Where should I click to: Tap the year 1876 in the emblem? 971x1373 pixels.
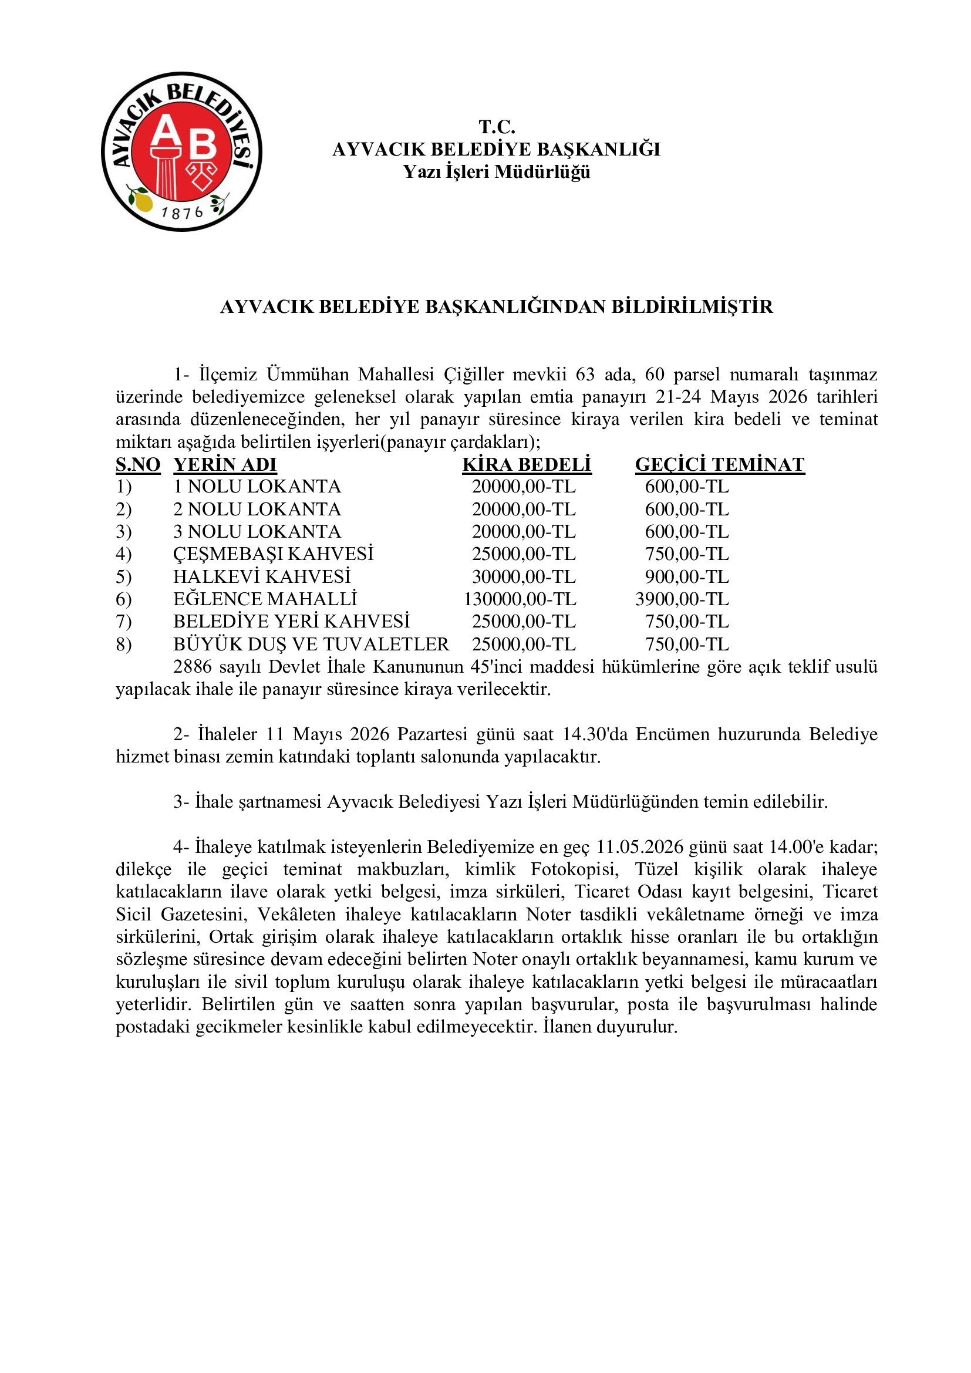(183, 213)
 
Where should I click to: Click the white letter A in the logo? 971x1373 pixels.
(166, 131)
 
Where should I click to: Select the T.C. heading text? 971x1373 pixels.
(496, 127)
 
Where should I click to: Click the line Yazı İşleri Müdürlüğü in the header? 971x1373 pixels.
(496, 172)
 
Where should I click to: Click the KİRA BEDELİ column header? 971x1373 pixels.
(527, 465)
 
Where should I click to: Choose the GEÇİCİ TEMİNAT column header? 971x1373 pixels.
(720, 465)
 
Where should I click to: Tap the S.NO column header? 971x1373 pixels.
(138, 465)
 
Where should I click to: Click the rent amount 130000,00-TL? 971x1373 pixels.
(520, 599)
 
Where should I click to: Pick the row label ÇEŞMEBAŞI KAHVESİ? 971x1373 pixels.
(273, 554)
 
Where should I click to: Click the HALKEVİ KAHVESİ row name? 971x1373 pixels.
(262, 577)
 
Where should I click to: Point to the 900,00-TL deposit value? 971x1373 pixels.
(687, 577)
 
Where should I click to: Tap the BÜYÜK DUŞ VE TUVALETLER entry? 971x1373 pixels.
(311, 645)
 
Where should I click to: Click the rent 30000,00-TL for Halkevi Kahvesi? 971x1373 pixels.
(524, 577)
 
